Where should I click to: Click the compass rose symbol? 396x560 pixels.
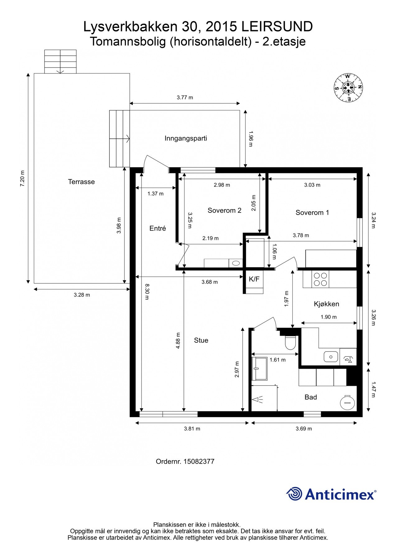coord(348,88)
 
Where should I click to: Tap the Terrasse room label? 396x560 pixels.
coord(81,182)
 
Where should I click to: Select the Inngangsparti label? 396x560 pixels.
coord(186,138)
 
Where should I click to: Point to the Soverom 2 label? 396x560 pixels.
coord(224,211)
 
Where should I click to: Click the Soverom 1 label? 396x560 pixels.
coord(312,213)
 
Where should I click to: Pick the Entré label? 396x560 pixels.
coord(158,228)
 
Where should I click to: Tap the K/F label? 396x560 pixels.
coord(254,279)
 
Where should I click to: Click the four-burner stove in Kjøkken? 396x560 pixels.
coord(320,279)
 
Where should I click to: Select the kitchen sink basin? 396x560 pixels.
coord(331,356)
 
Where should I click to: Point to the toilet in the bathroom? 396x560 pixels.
coord(291,342)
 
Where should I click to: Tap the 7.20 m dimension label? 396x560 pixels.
coord(22,179)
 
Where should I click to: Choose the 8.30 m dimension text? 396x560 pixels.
coord(147,292)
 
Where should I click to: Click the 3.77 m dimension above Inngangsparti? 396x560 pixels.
coord(185,97)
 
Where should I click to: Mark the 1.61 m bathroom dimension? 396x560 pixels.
coord(277,360)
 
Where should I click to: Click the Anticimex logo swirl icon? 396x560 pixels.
coord(294,494)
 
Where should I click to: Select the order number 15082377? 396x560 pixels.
coord(199,461)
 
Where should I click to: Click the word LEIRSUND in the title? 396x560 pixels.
coord(277,27)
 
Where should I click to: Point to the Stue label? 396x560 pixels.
coord(201,340)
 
